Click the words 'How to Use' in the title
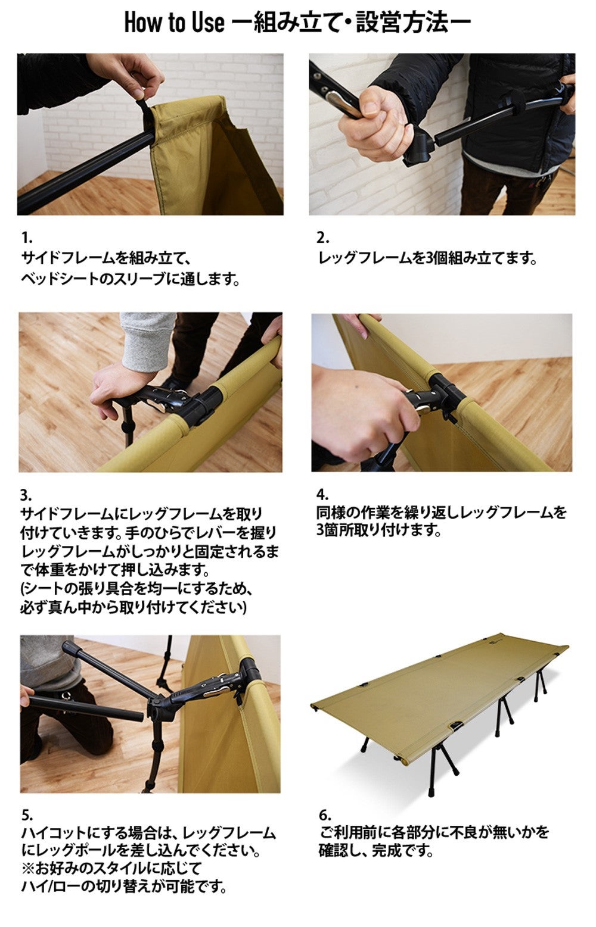tap(174, 23)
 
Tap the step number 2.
tap(322, 239)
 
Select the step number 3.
tap(25, 495)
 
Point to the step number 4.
tap(322, 494)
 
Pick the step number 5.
tap(26, 814)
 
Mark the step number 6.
tap(324, 814)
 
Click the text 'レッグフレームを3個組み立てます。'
tap(427, 258)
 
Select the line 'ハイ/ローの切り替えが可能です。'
tap(125, 887)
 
